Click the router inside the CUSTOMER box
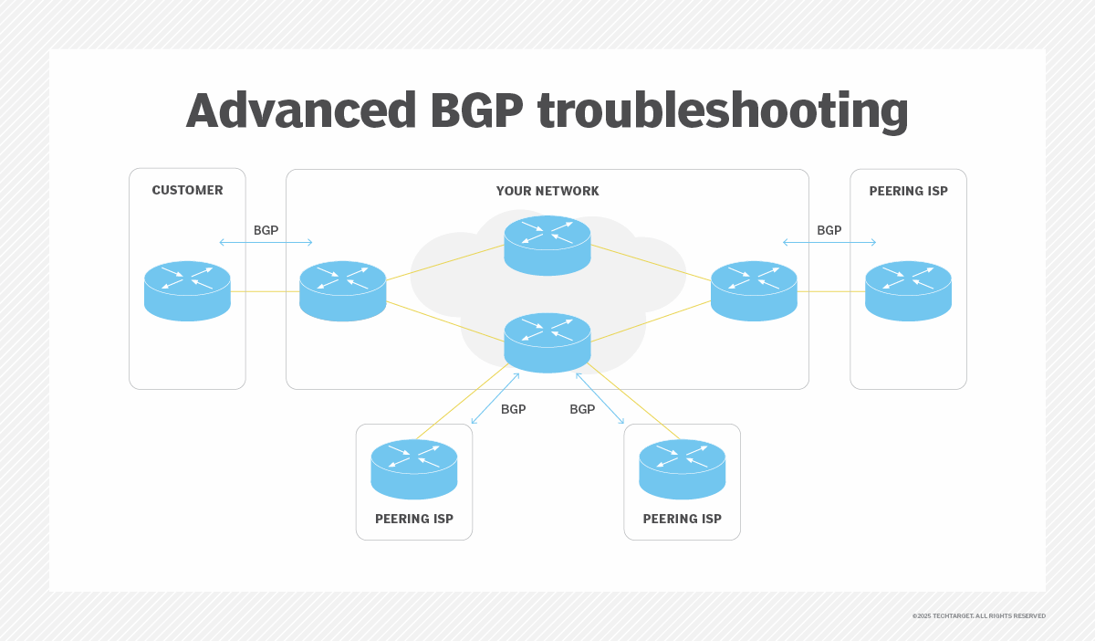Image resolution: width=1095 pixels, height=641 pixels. click(x=187, y=290)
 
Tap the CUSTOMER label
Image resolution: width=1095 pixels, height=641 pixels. click(x=187, y=191)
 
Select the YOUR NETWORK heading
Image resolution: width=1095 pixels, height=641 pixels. click(x=547, y=191)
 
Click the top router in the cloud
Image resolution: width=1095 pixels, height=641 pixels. click(x=547, y=245)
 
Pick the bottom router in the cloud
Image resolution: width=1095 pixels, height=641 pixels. click(x=547, y=342)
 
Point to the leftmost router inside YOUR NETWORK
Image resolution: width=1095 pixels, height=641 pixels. click(x=342, y=290)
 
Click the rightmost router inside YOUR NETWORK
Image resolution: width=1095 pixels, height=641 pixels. click(x=754, y=290)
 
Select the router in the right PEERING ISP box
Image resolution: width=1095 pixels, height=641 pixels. click(x=908, y=290)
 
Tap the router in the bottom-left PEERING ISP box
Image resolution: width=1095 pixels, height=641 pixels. click(x=414, y=468)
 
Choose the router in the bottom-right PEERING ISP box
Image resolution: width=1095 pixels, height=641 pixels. click(x=682, y=468)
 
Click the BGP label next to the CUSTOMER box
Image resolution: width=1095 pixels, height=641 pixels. click(x=266, y=230)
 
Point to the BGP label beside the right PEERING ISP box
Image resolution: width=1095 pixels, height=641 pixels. click(x=829, y=230)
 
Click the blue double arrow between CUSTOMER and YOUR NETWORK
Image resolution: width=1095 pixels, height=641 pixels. click(x=266, y=242)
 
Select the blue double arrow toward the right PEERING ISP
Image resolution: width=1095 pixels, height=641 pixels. click(x=829, y=242)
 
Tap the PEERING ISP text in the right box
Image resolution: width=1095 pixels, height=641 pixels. click(x=908, y=191)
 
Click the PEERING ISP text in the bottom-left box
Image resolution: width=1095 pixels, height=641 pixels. click(x=414, y=519)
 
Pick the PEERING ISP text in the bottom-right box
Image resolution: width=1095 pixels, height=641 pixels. click(x=682, y=519)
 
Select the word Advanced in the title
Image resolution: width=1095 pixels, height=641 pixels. click(x=301, y=111)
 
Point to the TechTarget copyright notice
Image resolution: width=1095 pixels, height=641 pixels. click(x=978, y=616)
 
